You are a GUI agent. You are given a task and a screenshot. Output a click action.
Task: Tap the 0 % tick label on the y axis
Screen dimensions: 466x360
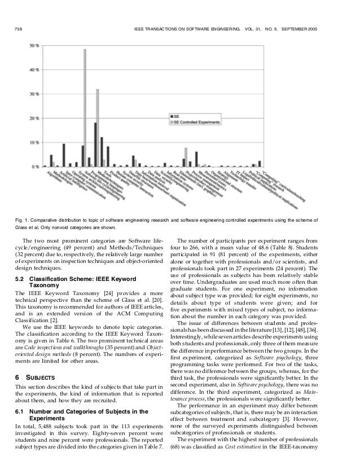tap(34, 166)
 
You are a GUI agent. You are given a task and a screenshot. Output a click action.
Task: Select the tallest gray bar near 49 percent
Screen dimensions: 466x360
tap(85, 108)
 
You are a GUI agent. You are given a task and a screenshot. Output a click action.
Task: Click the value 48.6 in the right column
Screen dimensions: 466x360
tap(266, 246)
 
